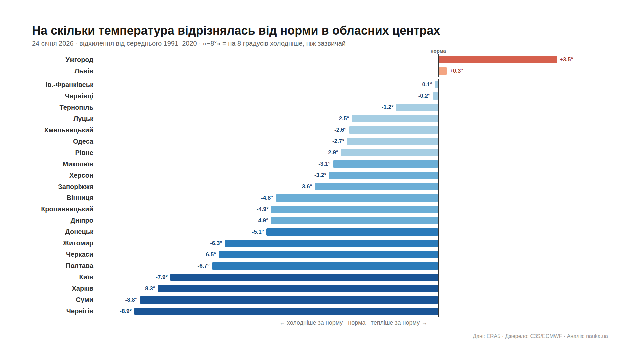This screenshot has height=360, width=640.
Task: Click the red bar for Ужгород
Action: pos(497,60)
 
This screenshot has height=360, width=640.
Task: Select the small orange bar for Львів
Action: pos(443,71)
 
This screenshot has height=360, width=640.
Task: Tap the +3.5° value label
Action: pos(566,60)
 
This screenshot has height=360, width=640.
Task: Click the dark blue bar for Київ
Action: pos(304,277)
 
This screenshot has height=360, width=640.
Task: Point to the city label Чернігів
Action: pos(80,311)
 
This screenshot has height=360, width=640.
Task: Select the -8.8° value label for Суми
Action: pos(131,300)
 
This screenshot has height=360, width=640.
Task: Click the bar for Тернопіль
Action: pos(417,107)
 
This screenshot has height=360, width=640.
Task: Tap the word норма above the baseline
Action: pos(438,51)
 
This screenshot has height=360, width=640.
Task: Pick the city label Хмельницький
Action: pos(69,130)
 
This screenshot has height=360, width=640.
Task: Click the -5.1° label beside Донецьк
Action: pos(258,232)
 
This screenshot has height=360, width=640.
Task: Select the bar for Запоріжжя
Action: pos(376,187)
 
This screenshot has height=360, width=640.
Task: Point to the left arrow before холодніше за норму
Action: pos(282,323)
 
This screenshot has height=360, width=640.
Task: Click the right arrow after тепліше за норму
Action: pos(424,323)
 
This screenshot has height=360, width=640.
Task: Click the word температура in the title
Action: pos(136,31)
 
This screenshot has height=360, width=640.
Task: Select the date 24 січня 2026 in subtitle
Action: pos(53,44)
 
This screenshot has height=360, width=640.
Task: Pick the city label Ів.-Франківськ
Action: pos(69,85)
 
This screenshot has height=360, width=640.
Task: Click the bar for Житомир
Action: pos(331,243)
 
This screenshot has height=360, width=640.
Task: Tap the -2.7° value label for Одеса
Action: pos(338,141)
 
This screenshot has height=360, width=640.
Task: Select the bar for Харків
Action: pos(298,289)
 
